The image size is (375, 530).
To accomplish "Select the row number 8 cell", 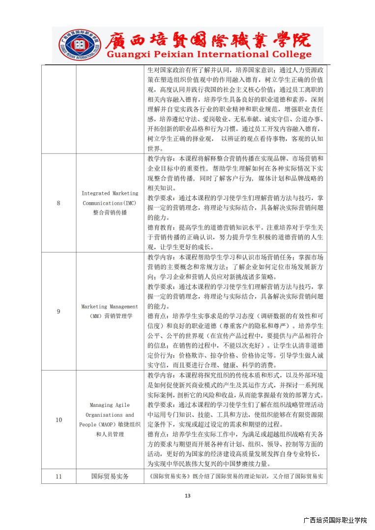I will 58,203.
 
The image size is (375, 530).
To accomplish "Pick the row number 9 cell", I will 58,311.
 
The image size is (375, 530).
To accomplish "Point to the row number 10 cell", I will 58,420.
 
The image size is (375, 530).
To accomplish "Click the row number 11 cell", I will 58,476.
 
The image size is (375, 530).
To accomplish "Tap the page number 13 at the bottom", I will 187,496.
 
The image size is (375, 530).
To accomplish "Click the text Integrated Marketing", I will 110,193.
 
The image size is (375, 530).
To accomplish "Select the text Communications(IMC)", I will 109,203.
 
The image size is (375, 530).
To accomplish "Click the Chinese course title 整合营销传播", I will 110,212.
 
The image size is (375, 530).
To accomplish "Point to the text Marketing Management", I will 110,307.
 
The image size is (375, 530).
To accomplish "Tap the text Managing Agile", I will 110,405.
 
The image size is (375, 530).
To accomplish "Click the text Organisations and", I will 110,415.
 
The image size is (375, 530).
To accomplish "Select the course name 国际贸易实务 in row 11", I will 110,476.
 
